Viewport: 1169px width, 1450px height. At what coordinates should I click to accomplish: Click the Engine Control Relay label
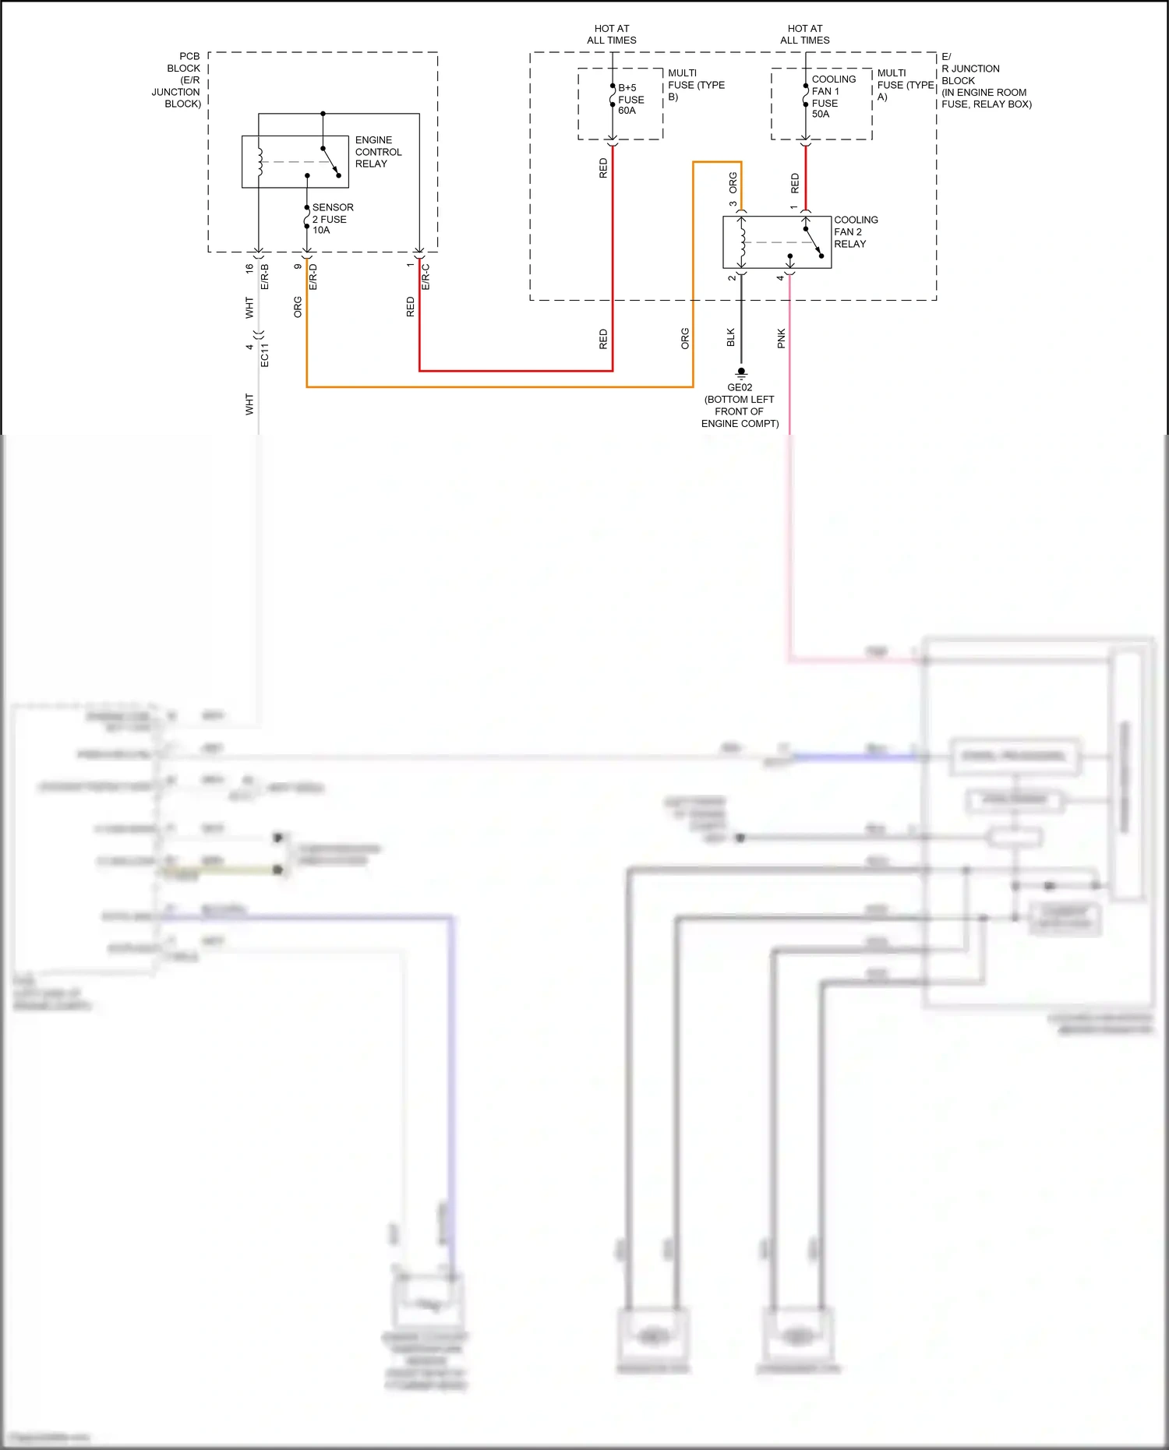pos(378,152)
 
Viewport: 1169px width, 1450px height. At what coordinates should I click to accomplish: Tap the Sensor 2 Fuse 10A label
pos(332,219)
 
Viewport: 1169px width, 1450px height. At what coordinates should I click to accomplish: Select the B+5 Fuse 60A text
pos(630,99)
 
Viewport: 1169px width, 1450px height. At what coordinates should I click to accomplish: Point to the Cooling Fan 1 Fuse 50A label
pos(833,97)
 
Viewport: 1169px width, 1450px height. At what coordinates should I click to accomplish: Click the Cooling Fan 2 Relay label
pos(855,231)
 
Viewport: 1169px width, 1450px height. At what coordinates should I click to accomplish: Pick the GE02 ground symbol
pos(741,373)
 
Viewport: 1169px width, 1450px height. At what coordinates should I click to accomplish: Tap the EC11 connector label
pos(265,355)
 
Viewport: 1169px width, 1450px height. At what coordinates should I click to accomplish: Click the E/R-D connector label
pos(313,277)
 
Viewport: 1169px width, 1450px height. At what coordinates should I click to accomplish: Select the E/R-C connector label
pos(426,277)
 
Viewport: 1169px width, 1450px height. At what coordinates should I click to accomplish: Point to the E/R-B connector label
pos(265,277)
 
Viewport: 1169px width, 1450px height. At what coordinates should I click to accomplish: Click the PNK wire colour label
pos(781,338)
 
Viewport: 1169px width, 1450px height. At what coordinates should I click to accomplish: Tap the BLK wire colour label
pos(730,337)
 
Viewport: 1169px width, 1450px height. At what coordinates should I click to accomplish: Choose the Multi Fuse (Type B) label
pos(695,85)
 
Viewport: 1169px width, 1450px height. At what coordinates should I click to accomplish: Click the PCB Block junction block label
pos(178,79)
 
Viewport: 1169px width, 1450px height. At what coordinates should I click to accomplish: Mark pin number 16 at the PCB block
pos(249,268)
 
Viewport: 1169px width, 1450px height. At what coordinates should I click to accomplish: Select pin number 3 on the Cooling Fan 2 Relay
pos(733,205)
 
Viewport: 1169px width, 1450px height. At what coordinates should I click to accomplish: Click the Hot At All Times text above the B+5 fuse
pos(611,34)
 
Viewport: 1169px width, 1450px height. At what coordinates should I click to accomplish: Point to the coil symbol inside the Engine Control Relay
pos(260,161)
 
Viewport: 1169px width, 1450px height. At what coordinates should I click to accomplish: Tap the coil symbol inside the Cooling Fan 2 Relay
pos(742,242)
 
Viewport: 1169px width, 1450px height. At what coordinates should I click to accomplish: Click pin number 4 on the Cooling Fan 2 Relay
pos(779,277)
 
